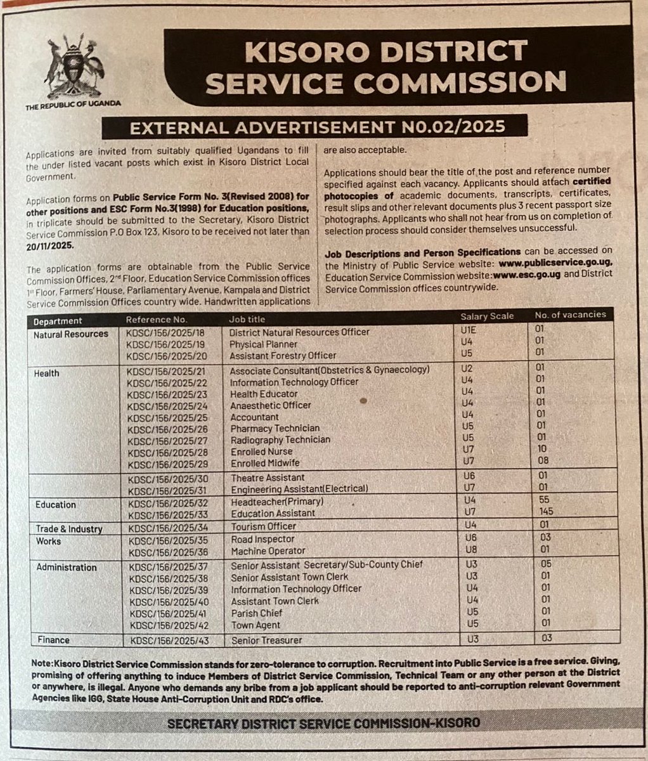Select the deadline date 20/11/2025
click(50, 244)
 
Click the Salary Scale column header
click(487, 316)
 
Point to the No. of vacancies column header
click(570, 315)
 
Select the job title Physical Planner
click(264, 344)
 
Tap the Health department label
click(46, 373)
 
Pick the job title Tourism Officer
click(263, 526)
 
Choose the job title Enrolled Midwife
click(265, 463)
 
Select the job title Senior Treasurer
click(266, 641)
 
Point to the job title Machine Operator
click(268, 551)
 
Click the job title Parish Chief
click(256, 613)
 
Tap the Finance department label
click(53, 640)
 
